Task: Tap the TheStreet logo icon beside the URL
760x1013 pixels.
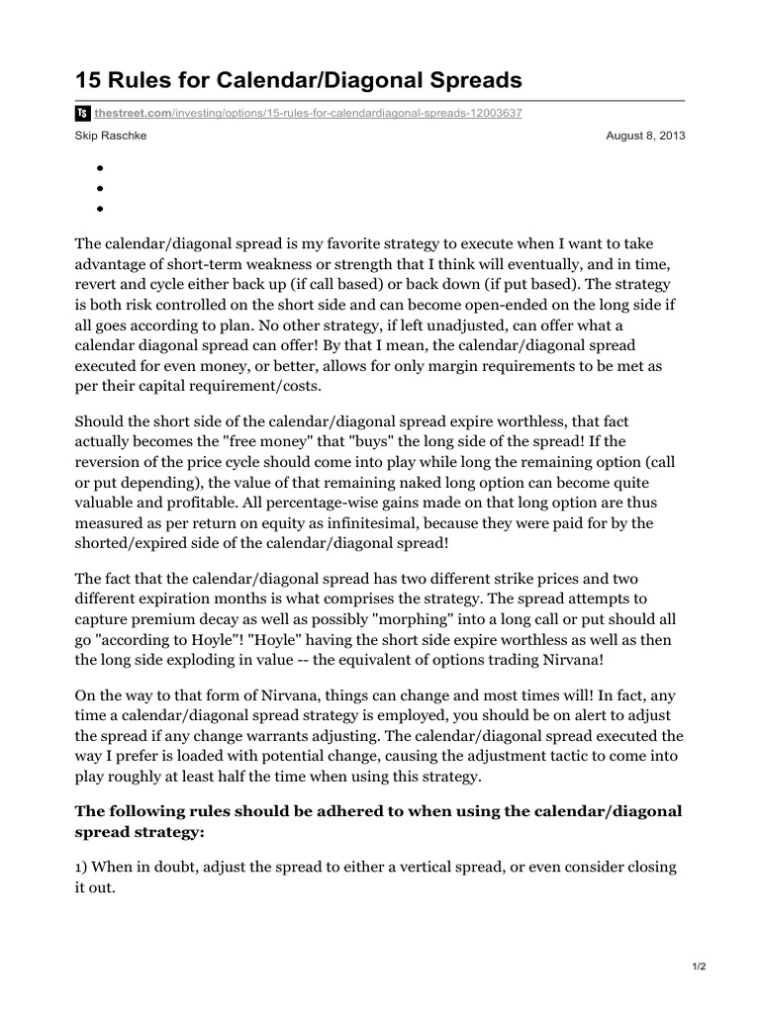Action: [x=83, y=114]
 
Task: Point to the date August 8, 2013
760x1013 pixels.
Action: [x=644, y=136]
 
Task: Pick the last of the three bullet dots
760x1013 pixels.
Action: [x=101, y=209]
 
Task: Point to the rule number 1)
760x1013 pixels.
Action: [x=83, y=867]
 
